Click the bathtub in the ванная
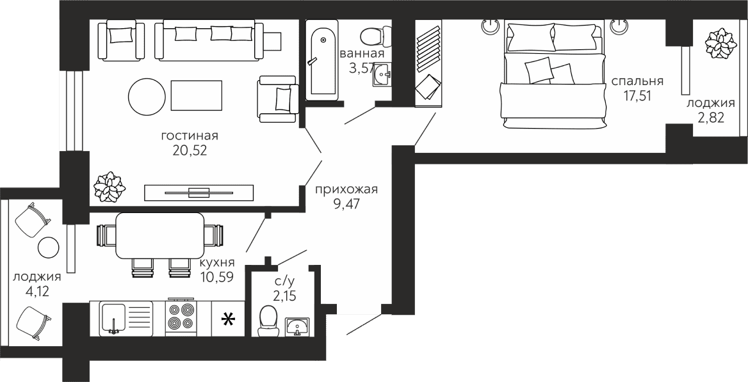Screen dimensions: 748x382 (321, 60)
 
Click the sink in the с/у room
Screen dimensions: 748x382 (297, 326)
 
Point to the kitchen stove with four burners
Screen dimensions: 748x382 (181, 317)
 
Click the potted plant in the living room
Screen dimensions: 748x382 (110, 187)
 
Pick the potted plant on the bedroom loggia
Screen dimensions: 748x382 (720, 44)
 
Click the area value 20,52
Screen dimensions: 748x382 (190, 151)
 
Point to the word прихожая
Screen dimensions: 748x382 (346, 190)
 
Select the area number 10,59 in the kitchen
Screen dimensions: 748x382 (216, 276)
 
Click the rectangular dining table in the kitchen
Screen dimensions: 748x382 (160, 235)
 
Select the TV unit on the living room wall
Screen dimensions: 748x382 (199, 192)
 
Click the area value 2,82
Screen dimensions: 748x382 (711, 117)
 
